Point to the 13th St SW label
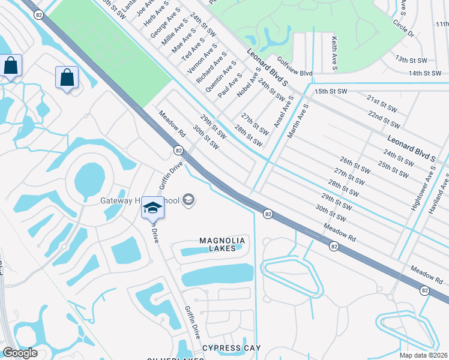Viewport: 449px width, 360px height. point(409,60)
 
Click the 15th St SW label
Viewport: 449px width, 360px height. point(331,91)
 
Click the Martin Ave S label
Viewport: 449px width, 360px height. point(297,121)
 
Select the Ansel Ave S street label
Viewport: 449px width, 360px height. point(283,111)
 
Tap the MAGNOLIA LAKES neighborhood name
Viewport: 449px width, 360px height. point(223,244)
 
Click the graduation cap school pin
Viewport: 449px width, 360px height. point(152,208)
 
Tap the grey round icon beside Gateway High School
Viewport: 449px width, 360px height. point(188,200)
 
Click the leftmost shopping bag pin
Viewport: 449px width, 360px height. point(11,66)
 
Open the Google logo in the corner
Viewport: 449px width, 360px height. point(20,353)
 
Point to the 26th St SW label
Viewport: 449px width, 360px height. point(353,166)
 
